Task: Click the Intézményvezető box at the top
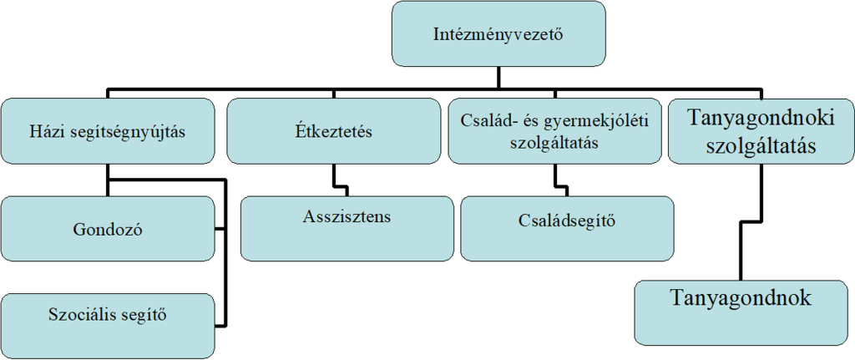click(498, 34)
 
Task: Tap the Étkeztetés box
click(333, 131)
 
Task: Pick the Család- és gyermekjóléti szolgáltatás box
click(555, 130)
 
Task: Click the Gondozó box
click(107, 230)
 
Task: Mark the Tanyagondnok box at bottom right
click(741, 311)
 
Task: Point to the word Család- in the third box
click(487, 121)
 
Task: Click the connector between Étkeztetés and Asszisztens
click(334, 177)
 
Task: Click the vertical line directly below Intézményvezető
click(498, 77)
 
